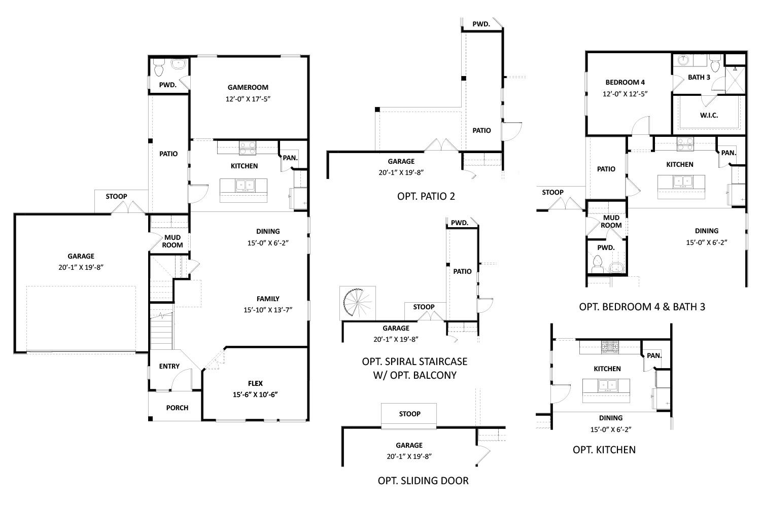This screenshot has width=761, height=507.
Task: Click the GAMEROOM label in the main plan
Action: pos(248,87)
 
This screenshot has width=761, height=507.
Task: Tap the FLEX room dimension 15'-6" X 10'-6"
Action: pos(255,394)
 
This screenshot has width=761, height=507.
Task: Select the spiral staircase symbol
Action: pos(358,303)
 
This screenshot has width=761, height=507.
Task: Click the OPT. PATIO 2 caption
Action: pos(426,196)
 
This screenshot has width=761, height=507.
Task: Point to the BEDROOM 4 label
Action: pos(625,82)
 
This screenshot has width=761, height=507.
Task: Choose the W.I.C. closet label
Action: pos(709,115)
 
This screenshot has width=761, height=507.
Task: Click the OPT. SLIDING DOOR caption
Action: pos(423,481)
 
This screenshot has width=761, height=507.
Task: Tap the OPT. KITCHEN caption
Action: pos(604,450)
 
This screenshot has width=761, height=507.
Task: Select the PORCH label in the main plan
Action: pos(177,408)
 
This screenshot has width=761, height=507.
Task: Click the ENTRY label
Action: pos(169,366)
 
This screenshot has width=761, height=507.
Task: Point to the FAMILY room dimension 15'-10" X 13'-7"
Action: pos(268,309)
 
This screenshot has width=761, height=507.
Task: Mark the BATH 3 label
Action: pos(699,77)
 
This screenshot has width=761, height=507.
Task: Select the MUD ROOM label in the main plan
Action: pos(172,241)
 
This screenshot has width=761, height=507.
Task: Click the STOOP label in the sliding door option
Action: pos(409,414)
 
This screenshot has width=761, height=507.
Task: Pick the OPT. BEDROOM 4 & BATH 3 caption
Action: pos(642,307)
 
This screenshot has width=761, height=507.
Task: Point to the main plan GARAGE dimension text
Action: pos(81,267)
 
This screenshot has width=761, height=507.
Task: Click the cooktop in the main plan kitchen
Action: pos(248,148)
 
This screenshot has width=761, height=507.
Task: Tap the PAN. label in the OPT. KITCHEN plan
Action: pos(654,355)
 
